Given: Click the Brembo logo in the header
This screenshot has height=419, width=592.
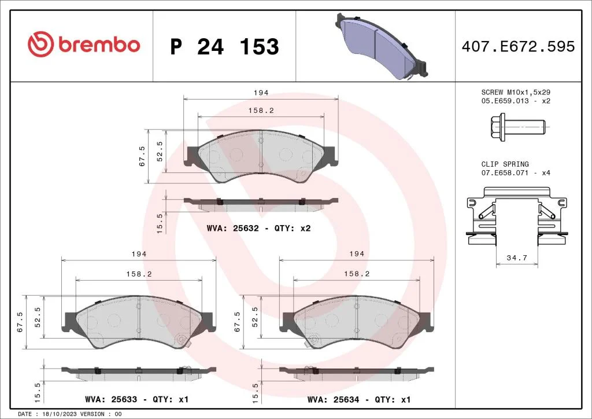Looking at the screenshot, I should point(84,45).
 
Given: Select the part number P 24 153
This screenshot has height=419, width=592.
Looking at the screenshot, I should point(224,47).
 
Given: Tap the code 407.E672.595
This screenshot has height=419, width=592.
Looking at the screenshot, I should point(518,46).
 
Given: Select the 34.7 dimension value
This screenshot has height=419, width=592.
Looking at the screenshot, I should point(517,258).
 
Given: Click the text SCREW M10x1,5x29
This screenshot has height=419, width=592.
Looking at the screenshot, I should point(516,93).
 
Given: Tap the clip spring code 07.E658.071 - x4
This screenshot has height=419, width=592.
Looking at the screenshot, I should point(516,173).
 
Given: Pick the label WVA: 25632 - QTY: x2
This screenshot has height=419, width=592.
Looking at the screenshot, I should point(258,229).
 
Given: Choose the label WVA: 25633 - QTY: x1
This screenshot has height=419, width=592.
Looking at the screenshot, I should point(136,399).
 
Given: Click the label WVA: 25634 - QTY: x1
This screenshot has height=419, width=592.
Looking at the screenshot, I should point(359,399).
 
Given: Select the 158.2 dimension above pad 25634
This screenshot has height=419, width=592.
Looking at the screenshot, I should point(357,274).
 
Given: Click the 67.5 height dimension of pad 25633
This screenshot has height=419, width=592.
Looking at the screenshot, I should point(21,322).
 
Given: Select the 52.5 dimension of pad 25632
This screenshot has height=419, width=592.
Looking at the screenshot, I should point(160,152).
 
